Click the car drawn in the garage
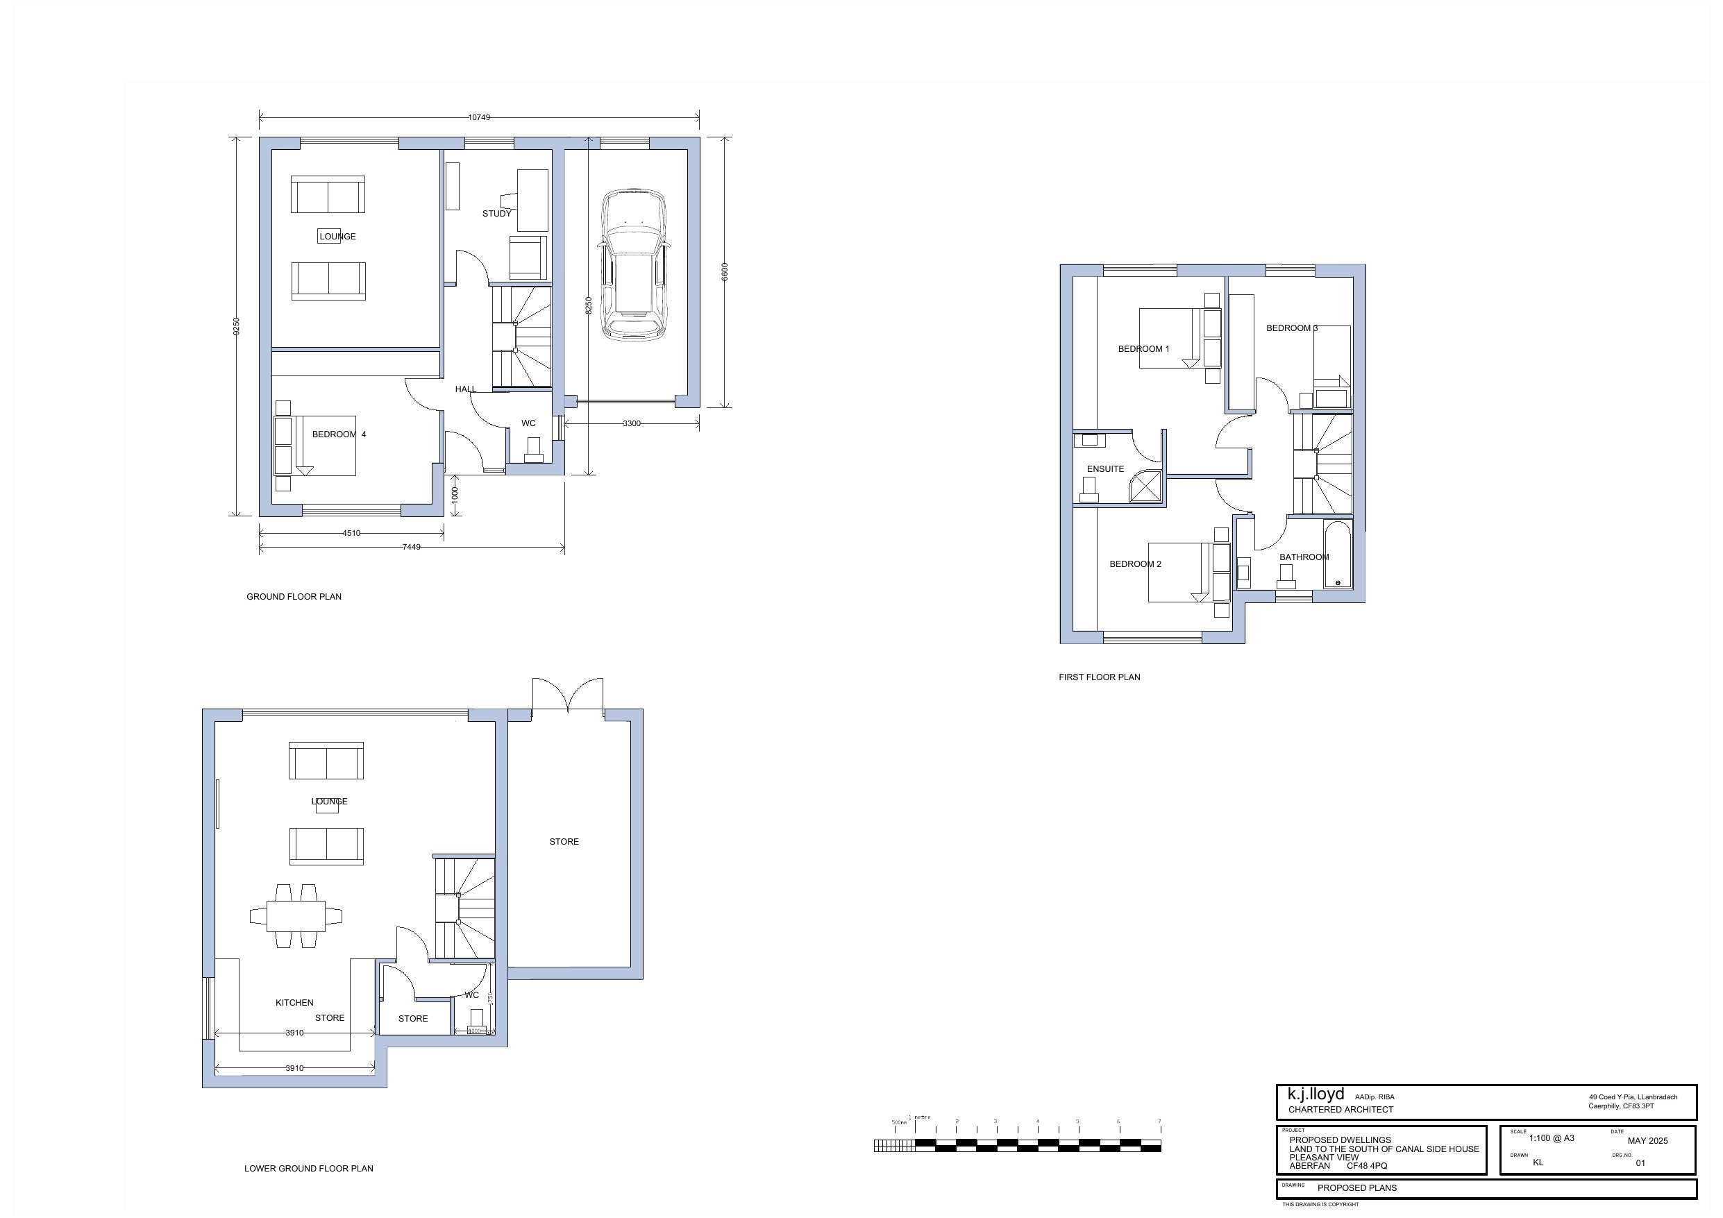(x=632, y=264)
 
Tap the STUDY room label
(x=497, y=214)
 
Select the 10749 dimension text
(x=479, y=117)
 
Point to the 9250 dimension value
(x=237, y=325)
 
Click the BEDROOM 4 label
(x=339, y=434)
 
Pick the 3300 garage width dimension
(x=631, y=424)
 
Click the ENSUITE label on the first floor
(x=1105, y=469)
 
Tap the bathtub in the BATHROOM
(x=1337, y=555)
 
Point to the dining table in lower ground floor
(x=296, y=916)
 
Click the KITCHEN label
(x=294, y=1003)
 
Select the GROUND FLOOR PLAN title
(x=294, y=597)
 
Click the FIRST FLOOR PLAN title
(x=1099, y=677)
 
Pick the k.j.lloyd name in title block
(x=1316, y=1094)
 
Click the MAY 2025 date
(x=1647, y=1141)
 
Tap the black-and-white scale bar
(x=1017, y=1145)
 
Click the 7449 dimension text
(x=411, y=547)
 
